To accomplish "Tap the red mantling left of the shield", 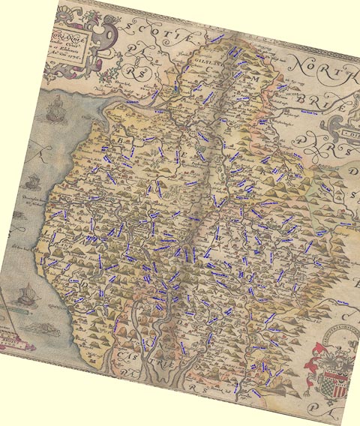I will (316, 357).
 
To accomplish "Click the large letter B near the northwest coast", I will (119, 139).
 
